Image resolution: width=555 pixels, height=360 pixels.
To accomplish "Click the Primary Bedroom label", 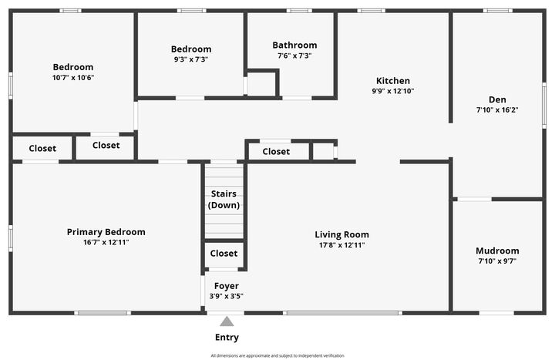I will tap(106, 232).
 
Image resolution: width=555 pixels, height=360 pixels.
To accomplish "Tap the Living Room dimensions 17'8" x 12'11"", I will tap(341, 245).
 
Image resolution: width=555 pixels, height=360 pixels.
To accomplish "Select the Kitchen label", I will tap(392, 81).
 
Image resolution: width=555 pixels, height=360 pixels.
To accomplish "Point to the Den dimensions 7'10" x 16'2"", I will tap(497, 109).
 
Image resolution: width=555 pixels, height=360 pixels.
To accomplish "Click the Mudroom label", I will tap(497, 251).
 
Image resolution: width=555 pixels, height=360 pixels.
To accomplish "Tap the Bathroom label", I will tap(294, 45).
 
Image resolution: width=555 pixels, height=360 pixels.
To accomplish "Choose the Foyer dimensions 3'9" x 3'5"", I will tap(226, 296).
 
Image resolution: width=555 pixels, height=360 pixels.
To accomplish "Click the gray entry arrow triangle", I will tap(227, 322).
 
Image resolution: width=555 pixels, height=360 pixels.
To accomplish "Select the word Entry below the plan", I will tap(227, 338).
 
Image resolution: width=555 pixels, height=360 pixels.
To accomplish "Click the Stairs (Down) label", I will tap(224, 199).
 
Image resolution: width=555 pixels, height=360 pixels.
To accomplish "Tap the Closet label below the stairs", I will tap(224, 253).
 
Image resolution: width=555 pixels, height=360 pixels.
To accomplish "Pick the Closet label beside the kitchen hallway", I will tap(276, 152).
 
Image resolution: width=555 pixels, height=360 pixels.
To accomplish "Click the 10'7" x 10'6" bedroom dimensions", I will tap(73, 78).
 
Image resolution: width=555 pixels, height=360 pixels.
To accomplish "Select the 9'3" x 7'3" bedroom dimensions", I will tap(190, 59).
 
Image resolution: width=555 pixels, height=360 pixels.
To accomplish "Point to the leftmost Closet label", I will tap(42, 148).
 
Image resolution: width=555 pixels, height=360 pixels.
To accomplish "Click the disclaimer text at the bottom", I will tap(277, 355).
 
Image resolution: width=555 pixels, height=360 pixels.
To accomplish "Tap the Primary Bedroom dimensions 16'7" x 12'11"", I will tap(106, 243).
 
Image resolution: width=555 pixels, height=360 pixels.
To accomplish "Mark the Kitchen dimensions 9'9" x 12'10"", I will tap(392, 91).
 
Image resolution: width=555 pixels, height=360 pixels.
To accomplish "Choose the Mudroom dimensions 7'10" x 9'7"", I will tap(497, 261).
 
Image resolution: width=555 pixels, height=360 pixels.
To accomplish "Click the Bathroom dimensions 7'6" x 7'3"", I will tap(294, 56).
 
